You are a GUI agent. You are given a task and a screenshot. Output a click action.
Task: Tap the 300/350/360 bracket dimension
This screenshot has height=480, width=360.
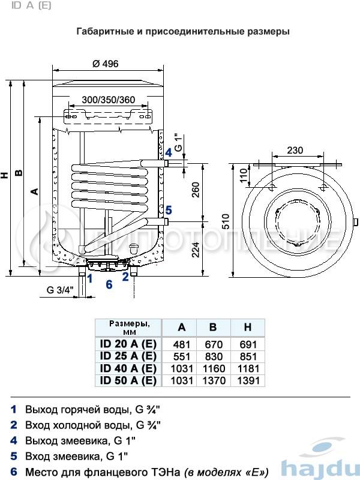108,99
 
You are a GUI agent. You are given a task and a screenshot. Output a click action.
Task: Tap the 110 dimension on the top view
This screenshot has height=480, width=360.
244,176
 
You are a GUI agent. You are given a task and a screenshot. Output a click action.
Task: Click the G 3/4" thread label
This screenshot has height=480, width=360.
59,290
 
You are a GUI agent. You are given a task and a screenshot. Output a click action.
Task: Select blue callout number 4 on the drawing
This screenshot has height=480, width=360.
169,153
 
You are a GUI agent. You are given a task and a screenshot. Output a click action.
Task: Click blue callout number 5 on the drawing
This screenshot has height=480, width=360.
169,210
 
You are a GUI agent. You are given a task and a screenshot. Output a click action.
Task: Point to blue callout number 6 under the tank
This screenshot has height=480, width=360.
109,284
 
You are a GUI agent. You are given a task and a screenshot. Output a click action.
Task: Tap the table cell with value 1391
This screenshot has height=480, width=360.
247,380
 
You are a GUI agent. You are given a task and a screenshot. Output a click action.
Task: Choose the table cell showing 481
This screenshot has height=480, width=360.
181,344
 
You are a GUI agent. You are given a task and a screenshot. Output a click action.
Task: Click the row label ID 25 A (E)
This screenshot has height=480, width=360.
128,356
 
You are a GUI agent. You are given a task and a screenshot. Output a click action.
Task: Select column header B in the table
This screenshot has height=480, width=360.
214,328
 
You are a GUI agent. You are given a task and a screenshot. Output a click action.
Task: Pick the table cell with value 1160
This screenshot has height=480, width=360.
214,368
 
